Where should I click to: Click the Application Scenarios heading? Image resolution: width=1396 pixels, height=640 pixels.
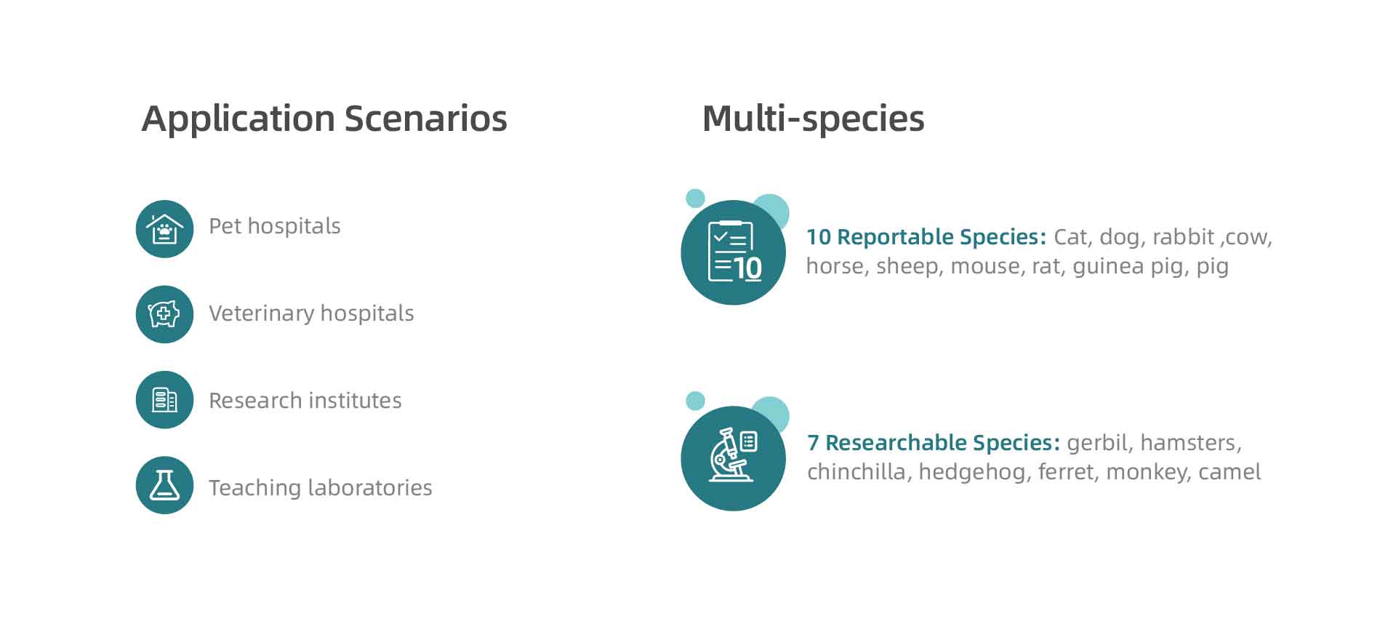(x=324, y=119)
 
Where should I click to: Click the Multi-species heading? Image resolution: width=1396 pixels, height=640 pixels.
(x=813, y=119)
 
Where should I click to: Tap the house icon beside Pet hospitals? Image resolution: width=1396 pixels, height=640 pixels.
(x=164, y=229)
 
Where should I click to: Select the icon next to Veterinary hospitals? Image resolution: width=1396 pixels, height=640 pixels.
(x=164, y=314)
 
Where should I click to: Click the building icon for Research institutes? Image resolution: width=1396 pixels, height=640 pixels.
(x=164, y=400)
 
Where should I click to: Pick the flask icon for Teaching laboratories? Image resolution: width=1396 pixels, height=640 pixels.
(x=164, y=485)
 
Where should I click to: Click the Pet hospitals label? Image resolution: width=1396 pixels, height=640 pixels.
(x=275, y=227)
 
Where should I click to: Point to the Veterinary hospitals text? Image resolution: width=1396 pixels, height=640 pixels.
(x=311, y=313)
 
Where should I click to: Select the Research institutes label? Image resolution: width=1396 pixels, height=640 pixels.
(x=305, y=401)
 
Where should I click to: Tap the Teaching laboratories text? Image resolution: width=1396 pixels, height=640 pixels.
(x=321, y=487)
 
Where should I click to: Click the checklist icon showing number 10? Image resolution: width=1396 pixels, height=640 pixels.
(x=733, y=252)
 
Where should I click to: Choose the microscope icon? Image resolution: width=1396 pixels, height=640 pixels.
(x=733, y=458)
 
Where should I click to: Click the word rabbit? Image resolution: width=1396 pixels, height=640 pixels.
(x=1184, y=237)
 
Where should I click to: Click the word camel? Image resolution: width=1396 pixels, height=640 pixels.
(x=1229, y=472)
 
